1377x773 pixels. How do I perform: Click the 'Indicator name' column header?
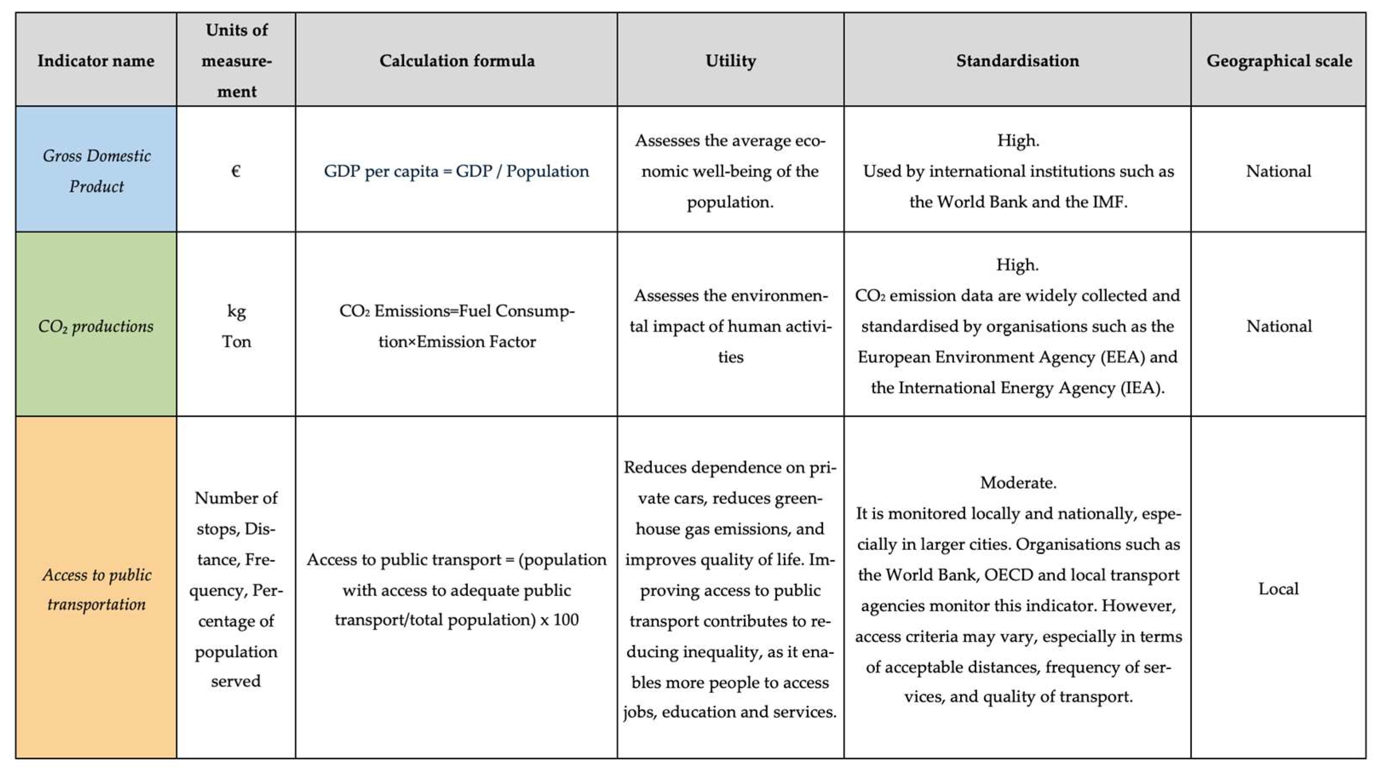tap(96, 61)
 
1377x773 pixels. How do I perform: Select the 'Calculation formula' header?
tap(456, 61)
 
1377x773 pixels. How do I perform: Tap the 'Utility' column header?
tap(730, 61)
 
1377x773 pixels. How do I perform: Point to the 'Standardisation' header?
tap(1017, 61)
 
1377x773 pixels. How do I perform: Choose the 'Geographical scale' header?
tap(1279, 61)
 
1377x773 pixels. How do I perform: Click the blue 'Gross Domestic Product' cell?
tap(96, 170)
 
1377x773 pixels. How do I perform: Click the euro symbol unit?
tap(236, 171)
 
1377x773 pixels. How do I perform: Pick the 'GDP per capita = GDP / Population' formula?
tap(456, 171)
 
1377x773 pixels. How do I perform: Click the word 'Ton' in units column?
tap(236, 341)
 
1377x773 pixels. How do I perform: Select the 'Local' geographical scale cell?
tap(1278, 589)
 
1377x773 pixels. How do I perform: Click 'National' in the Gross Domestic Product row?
tap(1279, 171)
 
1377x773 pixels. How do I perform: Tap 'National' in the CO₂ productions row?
tap(1279, 326)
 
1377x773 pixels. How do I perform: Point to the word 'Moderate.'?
tap(1018, 482)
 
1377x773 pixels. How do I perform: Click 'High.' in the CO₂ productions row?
tap(1017, 264)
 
